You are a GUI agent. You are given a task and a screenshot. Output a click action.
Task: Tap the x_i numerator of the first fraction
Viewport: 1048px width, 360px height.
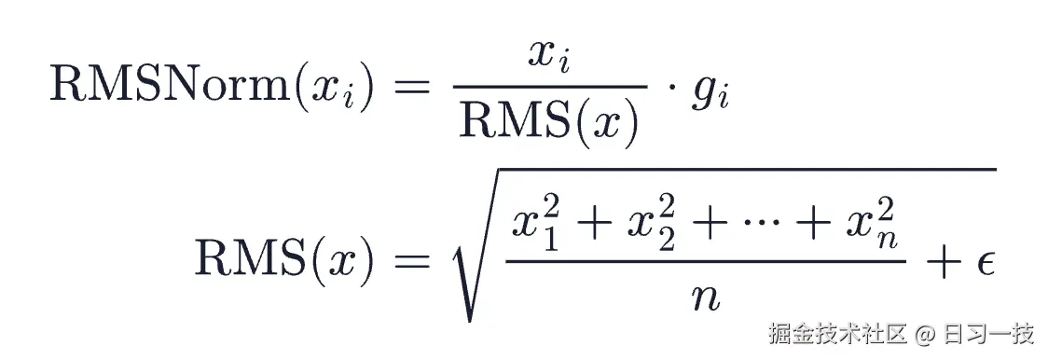coord(549,56)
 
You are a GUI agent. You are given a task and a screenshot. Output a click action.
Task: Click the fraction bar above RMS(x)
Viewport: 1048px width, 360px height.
coord(550,87)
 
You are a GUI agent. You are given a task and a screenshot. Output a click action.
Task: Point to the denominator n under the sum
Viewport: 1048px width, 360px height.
coord(705,297)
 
